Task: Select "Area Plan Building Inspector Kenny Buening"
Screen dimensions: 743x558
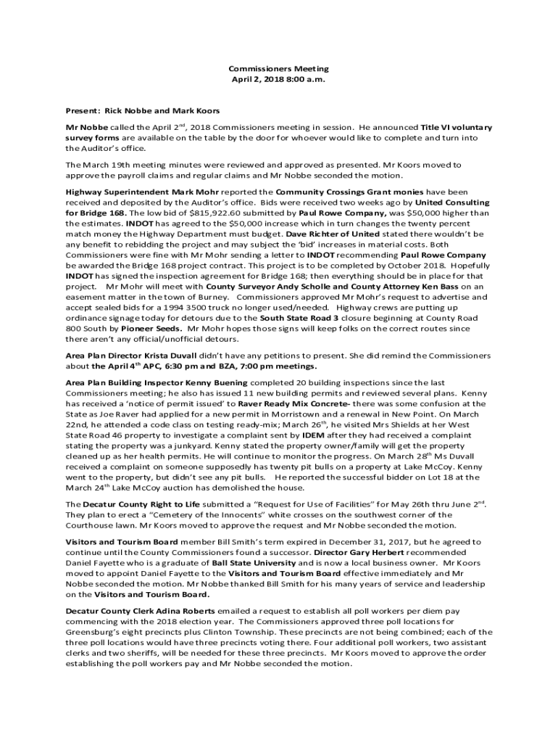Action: [x=156, y=382]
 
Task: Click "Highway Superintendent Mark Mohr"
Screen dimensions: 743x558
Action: [x=136, y=192]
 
